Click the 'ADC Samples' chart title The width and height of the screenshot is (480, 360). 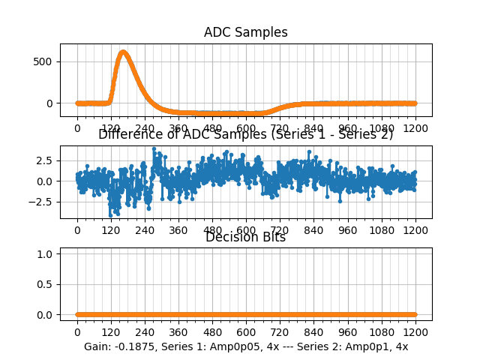click(x=245, y=32)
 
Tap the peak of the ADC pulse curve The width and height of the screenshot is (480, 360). click(x=123, y=52)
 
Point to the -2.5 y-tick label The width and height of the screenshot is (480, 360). click(x=40, y=202)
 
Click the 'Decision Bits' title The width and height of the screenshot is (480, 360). click(x=245, y=238)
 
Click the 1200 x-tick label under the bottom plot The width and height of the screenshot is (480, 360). click(x=415, y=331)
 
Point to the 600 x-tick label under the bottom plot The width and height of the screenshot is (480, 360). click(x=246, y=331)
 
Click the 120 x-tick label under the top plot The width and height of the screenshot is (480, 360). click(x=111, y=129)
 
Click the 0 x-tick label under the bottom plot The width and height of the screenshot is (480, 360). click(x=76, y=331)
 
